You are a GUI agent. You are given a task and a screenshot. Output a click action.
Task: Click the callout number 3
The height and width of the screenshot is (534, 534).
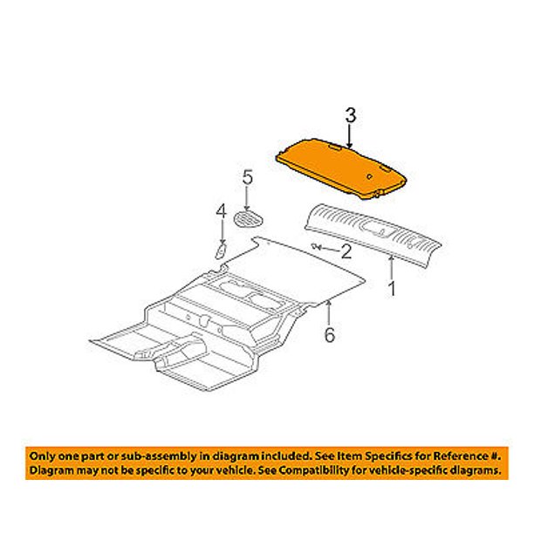(351, 115)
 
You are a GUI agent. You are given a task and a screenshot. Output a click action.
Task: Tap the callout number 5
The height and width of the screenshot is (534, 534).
(248, 177)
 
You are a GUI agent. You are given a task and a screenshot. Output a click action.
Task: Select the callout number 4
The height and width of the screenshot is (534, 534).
(222, 211)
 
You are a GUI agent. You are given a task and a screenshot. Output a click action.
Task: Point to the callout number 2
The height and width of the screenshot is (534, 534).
(346, 252)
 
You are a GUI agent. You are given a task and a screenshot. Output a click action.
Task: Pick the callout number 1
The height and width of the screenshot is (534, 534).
(393, 289)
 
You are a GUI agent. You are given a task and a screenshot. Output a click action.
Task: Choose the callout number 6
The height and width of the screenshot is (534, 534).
(329, 335)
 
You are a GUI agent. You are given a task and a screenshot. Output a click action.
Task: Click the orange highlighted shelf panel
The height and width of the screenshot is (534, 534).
(340, 168)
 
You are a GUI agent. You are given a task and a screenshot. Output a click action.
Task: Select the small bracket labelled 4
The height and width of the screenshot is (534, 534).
(221, 251)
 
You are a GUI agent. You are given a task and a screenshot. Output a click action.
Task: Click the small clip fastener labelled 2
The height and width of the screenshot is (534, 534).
(316, 246)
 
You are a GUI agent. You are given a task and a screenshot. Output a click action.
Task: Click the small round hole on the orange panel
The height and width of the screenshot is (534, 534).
(369, 176)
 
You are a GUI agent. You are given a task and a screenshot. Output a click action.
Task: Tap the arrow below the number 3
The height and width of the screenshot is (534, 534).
(349, 136)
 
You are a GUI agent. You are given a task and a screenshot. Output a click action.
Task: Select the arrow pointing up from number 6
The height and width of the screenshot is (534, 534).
(329, 312)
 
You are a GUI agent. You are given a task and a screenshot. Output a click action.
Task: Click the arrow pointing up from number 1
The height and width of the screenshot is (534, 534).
(392, 268)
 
